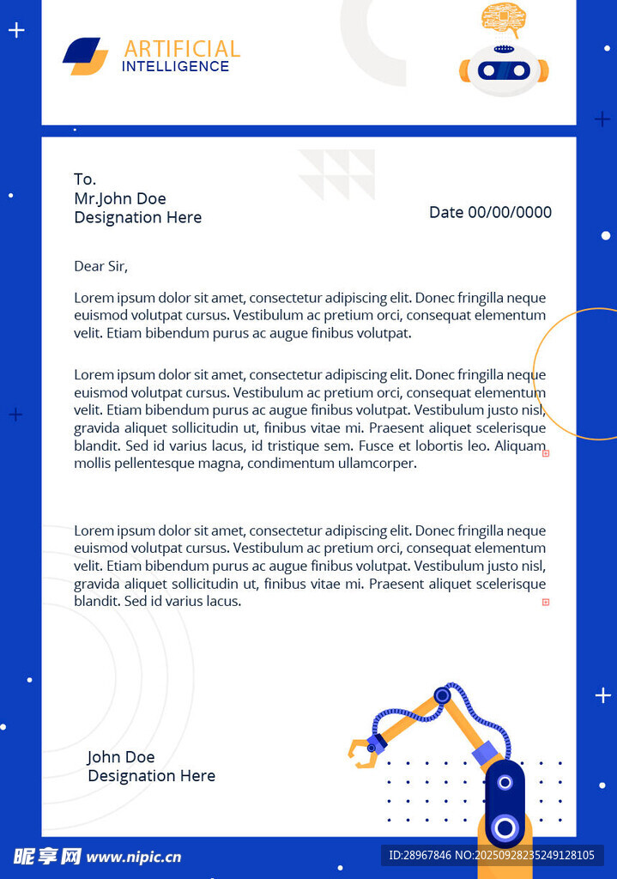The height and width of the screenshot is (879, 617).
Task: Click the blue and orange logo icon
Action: (85, 56)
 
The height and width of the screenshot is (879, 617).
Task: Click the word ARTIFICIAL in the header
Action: (182, 49)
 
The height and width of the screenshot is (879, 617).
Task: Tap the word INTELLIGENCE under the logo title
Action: (175, 66)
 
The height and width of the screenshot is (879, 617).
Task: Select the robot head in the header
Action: (504, 70)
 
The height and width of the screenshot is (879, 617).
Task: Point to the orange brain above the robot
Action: (504, 17)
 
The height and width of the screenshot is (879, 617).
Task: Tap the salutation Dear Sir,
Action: (100, 266)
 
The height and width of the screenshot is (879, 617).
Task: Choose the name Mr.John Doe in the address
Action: (120, 198)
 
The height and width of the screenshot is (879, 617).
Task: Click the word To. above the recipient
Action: (85, 179)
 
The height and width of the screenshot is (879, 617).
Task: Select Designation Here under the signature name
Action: (151, 776)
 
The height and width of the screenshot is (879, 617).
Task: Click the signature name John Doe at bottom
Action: (121, 756)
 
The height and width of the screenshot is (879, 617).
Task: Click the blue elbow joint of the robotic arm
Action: (442, 695)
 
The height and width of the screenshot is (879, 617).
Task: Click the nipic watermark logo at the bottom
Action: (97, 856)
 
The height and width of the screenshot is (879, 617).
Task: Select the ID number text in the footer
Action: (492, 855)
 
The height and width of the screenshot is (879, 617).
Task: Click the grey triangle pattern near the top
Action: (337, 174)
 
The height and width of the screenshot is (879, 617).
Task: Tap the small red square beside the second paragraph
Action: (546, 453)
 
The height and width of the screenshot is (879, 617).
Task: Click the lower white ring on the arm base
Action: (505, 827)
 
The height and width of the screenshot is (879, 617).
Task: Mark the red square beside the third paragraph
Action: (546, 603)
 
